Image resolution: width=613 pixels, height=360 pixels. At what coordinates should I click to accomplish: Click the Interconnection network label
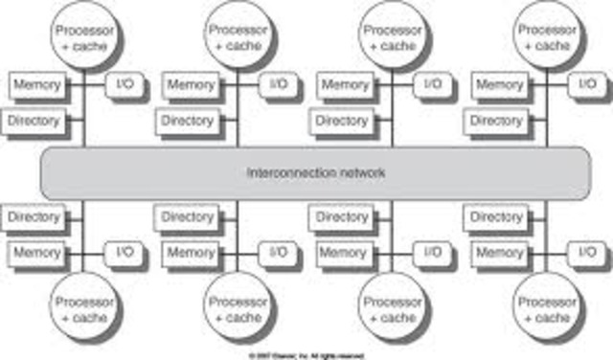[315, 173]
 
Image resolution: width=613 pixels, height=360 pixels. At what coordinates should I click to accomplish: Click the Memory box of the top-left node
[36, 85]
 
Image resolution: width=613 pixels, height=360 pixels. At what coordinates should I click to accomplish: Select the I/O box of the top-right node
[587, 84]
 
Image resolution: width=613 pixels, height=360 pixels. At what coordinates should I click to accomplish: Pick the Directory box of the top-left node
[34, 122]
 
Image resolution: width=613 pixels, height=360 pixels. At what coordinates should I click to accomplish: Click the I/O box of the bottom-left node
[125, 253]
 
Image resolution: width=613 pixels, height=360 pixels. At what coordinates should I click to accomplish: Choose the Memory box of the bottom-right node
[500, 254]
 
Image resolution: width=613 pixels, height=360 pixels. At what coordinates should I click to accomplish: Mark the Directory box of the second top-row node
[188, 122]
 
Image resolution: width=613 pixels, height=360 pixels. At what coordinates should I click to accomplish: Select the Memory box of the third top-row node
[345, 85]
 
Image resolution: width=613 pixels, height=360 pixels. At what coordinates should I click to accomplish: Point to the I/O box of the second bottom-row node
[279, 253]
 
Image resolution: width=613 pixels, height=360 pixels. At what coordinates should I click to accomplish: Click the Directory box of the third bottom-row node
[342, 217]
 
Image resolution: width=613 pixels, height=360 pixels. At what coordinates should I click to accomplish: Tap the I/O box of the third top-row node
[433, 84]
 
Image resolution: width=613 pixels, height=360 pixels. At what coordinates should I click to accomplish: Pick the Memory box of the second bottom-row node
[191, 254]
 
